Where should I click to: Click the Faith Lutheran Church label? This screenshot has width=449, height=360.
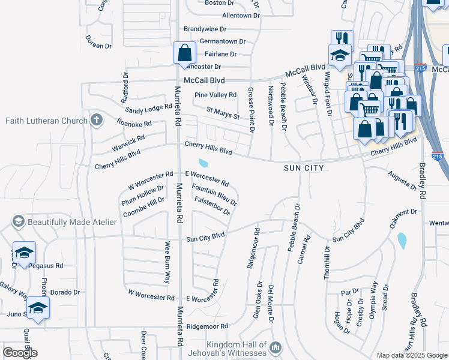(46, 121)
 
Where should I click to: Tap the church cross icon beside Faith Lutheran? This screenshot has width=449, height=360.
(95, 120)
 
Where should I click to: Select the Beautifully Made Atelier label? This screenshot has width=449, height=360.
(71, 222)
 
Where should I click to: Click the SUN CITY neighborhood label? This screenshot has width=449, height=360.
(304, 168)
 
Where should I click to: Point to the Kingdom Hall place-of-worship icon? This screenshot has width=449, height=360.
(276, 347)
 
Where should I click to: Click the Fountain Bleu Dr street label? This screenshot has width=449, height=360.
(214, 195)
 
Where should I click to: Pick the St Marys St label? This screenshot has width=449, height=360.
(223, 112)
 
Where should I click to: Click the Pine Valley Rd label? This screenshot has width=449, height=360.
(215, 95)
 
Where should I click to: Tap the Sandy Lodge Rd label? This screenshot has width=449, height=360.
(149, 109)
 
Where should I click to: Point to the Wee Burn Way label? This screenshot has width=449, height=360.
(168, 262)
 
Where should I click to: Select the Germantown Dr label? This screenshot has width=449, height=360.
(223, 41)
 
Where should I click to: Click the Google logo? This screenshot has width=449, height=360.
(20, 352)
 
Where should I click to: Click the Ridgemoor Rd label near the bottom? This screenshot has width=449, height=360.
(208, 326)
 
